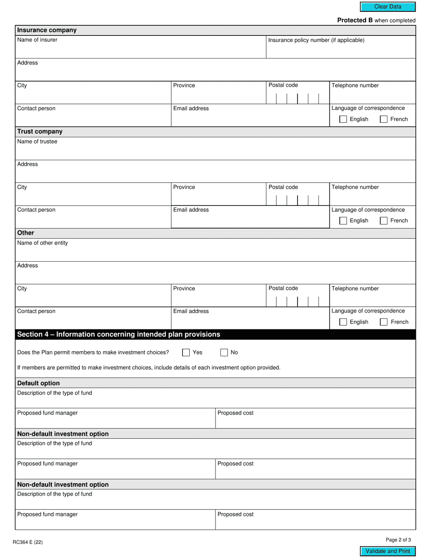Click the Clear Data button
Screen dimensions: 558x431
pyautogui.click(x=387, y=7)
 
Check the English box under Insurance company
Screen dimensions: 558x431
pyautogui.click(x=343, y=119)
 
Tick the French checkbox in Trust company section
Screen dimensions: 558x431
pyautogui.click(x=383, y=221)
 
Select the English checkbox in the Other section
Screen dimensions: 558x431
pyautogui.click(x=343, y=322)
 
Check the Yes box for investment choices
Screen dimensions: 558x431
pyautogui.click(x=186, y=352)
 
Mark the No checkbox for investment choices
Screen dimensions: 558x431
pyautogui.click(x=224, y=352)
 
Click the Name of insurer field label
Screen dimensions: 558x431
pyautogui.click(x=37, y=40)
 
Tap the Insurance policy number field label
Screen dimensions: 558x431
pyautogui.click(x=316, y=40)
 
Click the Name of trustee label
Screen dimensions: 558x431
pyautogui.click(x=37, y=142)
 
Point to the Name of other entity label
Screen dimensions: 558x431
pyautogui.click(x=42, y=243)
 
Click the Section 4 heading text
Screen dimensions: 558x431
pyautogui.click(x=118, y=335)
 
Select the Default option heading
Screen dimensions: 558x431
pyautogui.click(x=38, y=383)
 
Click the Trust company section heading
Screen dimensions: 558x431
pyautogui.click(x=39, y=132)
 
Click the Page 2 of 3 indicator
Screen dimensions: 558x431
pyautogui.click(x=398, y=540)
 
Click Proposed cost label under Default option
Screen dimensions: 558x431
pyautogui.click(x=235, y=413)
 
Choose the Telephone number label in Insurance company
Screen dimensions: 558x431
pyautogui.click(x=355, y=85)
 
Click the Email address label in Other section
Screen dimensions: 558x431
pyautogui.click(x=191, y=311)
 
